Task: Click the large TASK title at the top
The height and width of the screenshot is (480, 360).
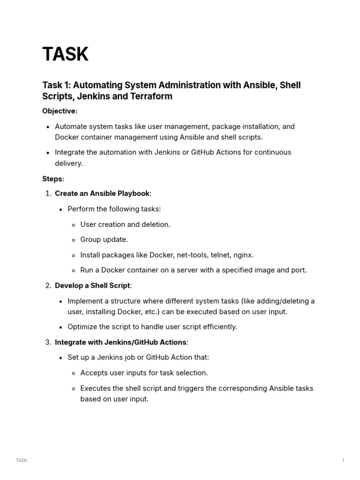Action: [65, 55]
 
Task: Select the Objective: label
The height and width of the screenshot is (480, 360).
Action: [60, 111]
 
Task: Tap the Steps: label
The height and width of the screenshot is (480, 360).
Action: [53, 179]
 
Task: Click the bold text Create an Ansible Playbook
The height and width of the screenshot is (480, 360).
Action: [102, 194]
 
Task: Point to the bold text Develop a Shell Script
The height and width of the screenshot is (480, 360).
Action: [92, 285]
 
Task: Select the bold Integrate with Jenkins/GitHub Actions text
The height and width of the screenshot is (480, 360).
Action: [120, 342]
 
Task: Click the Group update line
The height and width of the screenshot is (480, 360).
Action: [104, 240]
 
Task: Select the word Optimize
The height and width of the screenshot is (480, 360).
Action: [82, 327]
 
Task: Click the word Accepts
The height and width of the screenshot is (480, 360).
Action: [94, 373]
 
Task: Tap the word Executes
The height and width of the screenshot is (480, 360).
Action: [96, 388]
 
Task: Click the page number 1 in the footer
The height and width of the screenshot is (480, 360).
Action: [343, 460]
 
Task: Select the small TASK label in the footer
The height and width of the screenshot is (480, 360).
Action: [22, 460]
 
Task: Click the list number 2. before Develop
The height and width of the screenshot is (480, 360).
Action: [48, 285]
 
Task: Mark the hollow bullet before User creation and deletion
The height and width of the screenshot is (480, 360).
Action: [74, 225]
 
